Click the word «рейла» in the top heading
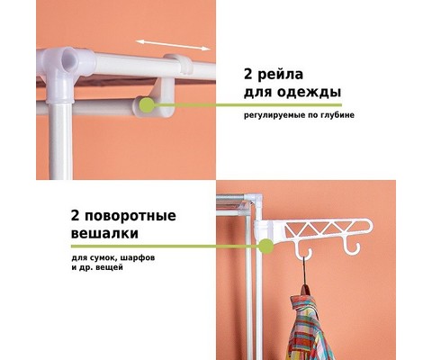pyautogui.click(x=280, y=75)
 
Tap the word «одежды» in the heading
pyautogui.click(x=309, y=92)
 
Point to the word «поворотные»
pyautogui.click(x=130, y=216)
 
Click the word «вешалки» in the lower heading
pyautogui.click(x=104, y=234)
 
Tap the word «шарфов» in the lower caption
pyautogui.click(x=139, y=257)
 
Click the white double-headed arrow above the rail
pyautogui.click(x=173, y=45)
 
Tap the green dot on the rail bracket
pyautogui.click(x=147, y=105)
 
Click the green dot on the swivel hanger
pyautogui.click(x=265, y=247)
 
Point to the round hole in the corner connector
pyautogui.click(x=67, y=61)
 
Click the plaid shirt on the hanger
pyautogui.click(x=308, y=327)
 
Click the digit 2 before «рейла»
pyautogui.click(x=248, y=75)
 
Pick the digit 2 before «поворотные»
pyautogui.click(x=75, y=216)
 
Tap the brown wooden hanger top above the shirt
pyautogui.click(x=305, y=289)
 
